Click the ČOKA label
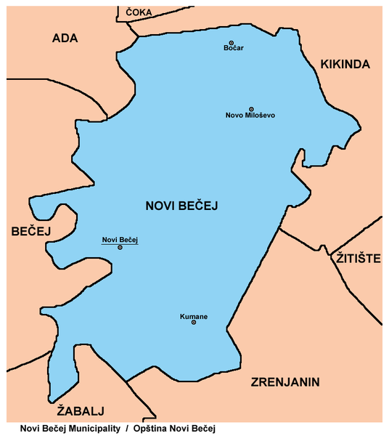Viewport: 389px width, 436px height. pyautogui.click(x=139, y=12)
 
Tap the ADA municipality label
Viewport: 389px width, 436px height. pyautogui.click(x=65, y=39)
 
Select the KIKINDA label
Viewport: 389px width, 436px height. pyautogui.click(x=345, y=65)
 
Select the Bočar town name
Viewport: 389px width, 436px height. pyautogui.click(x=232, y=49)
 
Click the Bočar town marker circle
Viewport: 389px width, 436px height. pyautogui.click(x=232, y=43)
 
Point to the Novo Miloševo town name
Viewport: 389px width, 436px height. pyautogui.click(x=251, y=116)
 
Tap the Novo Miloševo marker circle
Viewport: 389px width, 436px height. pyautogui.click(x=251, y=109)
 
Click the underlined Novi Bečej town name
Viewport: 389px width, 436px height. pyautogui.click(x=120, y=240)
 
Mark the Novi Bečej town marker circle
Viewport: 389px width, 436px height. pyautogui.click(x=120, y=247)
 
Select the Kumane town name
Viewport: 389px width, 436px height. pyautogui.click(x=194, y=316)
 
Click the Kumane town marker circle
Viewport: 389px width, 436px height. pyautogui.click(x=194, y=323)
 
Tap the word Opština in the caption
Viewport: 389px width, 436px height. pyautogui.click(x=152, y=428)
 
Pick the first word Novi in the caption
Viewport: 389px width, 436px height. pyautogui.click(x=30, y=428)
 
